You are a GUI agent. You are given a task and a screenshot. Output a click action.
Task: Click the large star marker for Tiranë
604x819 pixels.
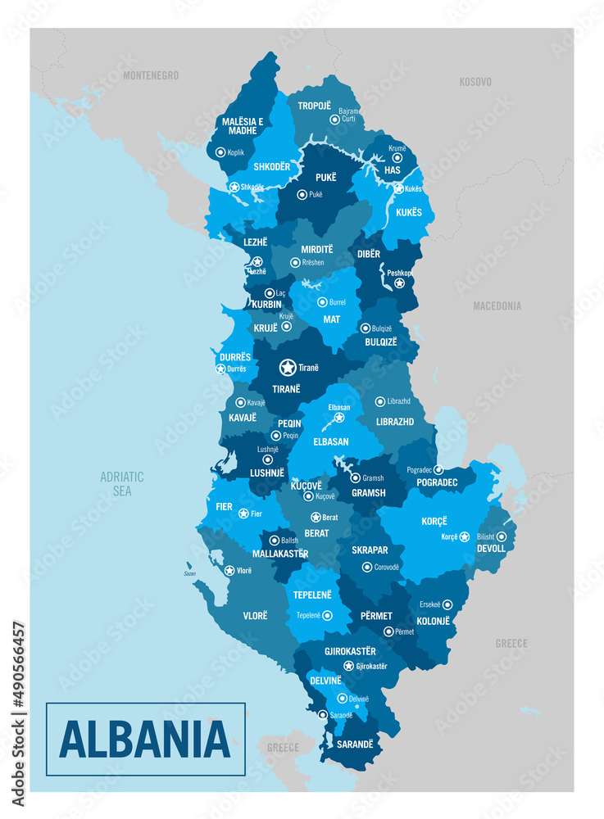point(288,368)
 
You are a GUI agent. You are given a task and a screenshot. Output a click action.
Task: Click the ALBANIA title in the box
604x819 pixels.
point(145,739)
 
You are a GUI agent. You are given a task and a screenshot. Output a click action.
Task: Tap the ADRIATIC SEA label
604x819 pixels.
point(122,483)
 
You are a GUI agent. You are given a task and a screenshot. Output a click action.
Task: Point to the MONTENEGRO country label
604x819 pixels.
point(151,75)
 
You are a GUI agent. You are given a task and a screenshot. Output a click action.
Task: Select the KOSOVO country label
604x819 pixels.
point(475,82)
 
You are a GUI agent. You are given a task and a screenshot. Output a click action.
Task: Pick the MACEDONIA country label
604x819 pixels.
point(497,305)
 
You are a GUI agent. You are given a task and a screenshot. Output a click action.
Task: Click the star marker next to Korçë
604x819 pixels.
point(465,536)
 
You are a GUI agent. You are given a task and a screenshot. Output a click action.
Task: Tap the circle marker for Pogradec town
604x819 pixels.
point(438,470)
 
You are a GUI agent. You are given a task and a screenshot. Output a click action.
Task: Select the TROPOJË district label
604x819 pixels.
point(315,106)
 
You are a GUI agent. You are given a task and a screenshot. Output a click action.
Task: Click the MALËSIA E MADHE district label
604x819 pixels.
point(243,125)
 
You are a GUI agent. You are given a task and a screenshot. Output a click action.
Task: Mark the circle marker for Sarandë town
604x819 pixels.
point(323,715)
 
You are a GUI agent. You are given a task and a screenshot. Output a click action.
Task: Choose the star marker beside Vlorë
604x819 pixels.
point(229,570)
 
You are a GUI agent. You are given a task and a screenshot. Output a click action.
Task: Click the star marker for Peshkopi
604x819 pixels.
point(399,283)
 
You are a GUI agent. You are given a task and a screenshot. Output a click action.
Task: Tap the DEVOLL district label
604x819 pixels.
point(492,548)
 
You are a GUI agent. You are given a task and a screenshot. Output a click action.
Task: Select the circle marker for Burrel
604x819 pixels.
point(322,301)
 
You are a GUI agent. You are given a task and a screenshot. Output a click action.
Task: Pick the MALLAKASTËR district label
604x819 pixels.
point(280,554)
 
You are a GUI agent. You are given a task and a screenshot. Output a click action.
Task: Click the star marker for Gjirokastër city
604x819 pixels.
point(348,666)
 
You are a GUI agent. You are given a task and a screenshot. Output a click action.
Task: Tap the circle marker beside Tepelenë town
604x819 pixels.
point(327,615)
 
